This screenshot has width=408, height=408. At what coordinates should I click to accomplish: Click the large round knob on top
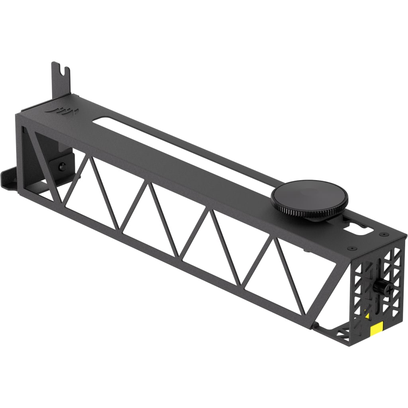click(309, 195)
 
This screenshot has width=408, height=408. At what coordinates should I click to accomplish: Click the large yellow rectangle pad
click(377, 329)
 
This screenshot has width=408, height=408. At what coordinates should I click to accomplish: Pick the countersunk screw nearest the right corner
click(383, 234)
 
